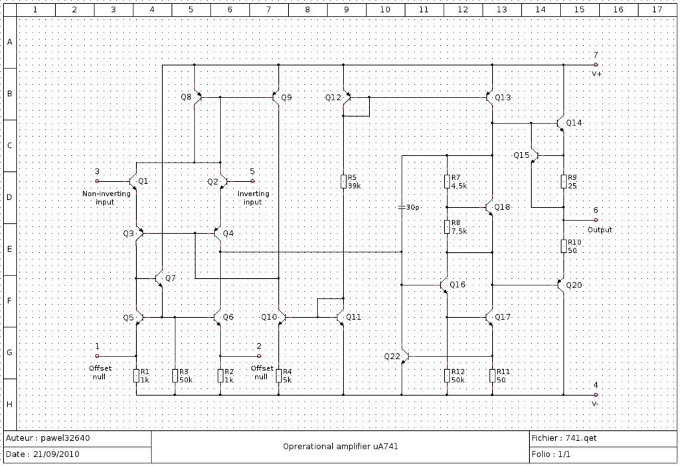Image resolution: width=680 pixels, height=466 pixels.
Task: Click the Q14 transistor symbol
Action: click(561, 123)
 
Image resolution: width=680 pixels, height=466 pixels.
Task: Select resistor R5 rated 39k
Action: click(343, 182)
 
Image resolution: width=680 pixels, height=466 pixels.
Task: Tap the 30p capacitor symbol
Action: click(402, 207)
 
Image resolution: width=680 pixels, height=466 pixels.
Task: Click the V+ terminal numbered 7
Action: click(596, 64)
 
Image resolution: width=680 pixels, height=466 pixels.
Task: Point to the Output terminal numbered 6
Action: click(596, 220)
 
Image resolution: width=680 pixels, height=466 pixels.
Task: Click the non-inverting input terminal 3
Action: click(97, 181)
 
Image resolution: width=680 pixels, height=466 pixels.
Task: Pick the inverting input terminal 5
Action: click(252, 181)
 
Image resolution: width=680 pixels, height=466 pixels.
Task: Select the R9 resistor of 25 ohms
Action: click(563, 182)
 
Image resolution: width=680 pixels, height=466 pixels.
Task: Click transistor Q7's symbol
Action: click(159, 278)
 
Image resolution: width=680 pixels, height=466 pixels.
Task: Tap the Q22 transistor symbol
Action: click(405, 356)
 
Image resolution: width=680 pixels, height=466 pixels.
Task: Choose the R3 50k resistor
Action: click(175, 376)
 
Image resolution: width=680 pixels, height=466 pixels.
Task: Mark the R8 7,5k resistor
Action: click(447, 227)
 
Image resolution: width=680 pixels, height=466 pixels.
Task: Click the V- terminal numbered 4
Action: click(596, 395)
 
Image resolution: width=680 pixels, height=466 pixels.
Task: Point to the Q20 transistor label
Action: click(574, 285)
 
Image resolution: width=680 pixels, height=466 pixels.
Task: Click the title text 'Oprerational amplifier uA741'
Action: click(341, 447)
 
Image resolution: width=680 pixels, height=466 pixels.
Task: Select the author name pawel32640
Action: click(65, 438)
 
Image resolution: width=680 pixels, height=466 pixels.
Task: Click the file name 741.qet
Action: click(581, 438)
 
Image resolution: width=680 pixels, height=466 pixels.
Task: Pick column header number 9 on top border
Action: click(346, 9)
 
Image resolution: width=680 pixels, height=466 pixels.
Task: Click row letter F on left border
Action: click(9, 301)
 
